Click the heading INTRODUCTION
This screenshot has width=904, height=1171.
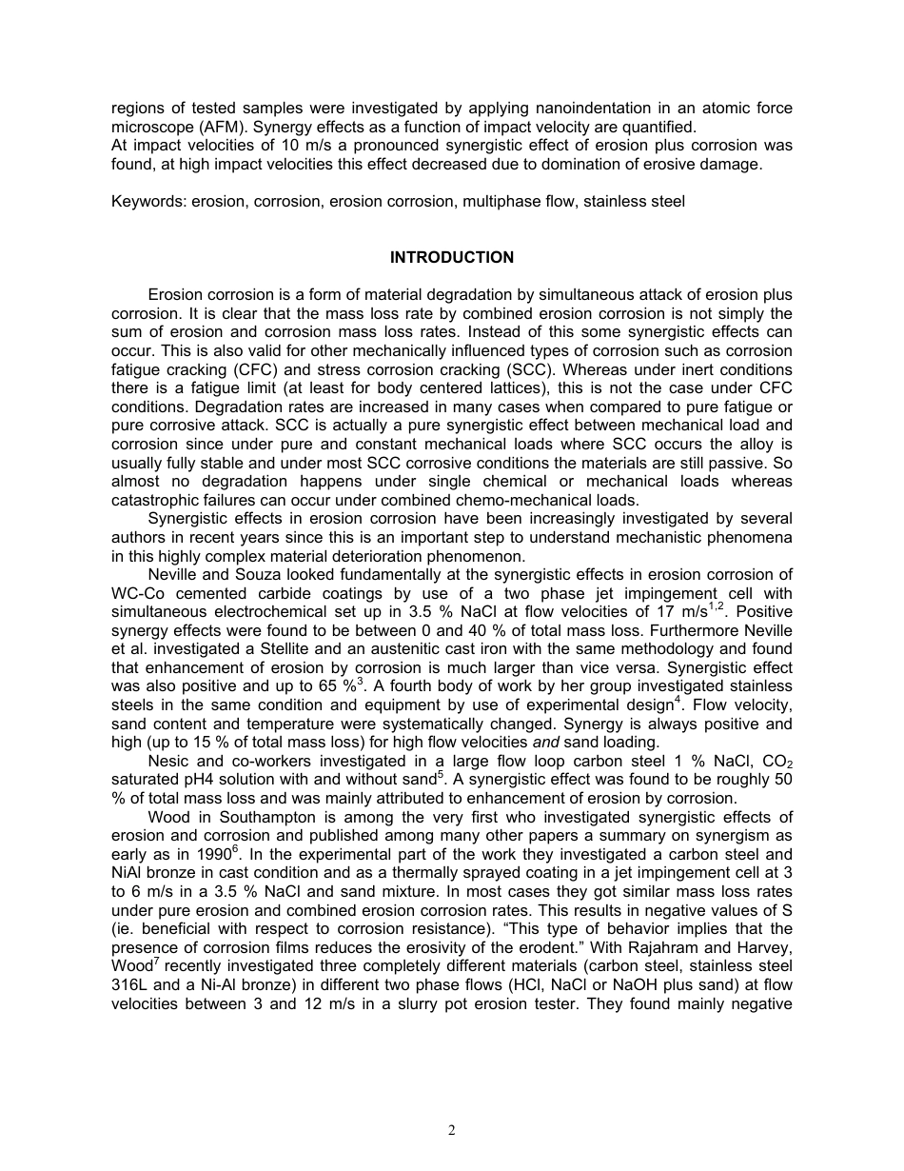click(x=451, y=257)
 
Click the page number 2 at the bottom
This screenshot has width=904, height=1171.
click(x=452, y=1131)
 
